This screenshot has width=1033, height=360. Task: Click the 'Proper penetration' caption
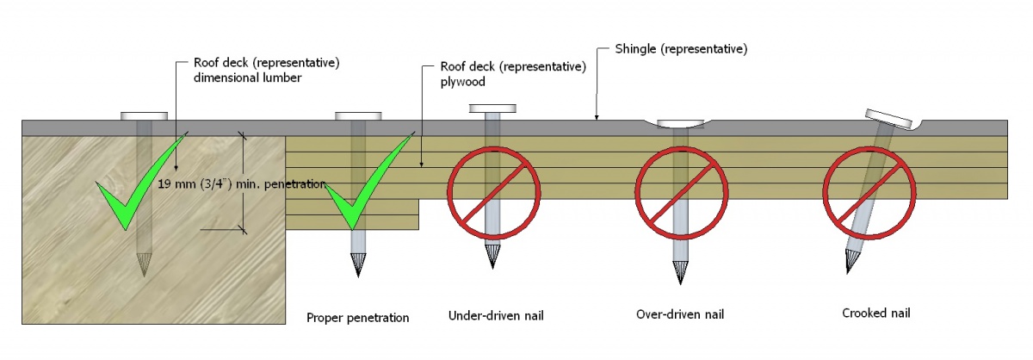[358, 318]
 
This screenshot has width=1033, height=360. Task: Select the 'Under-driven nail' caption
[496, 316]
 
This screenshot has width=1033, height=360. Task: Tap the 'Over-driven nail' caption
[679, 314]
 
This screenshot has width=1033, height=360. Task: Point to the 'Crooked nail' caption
[875, 313]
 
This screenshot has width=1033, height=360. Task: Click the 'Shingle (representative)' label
[681, 49]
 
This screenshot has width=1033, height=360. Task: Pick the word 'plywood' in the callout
[462, 82]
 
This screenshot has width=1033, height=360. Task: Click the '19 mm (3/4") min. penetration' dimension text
[242, 183]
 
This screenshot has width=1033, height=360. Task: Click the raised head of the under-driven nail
[493, 109]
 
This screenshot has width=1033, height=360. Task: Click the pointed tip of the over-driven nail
[680, 273]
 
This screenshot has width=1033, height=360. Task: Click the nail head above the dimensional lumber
[145, 115]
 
